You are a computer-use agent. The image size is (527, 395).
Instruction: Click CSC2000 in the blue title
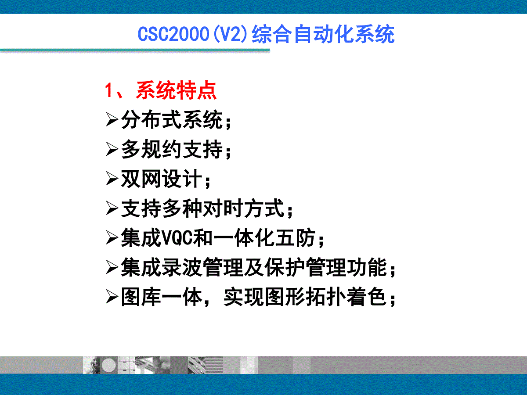[x=173, y=34]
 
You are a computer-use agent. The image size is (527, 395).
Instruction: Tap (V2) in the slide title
[x=230, y=34]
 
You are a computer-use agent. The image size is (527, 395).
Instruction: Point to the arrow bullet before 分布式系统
[x=112, y=119]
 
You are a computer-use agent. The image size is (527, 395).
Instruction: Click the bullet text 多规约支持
[x=172, y=149]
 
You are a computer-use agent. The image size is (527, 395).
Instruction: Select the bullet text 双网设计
[x=162, y=179]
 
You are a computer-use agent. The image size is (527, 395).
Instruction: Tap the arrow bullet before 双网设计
[x=112, y=179]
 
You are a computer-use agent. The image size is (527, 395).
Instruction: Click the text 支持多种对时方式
[x=202, y=208]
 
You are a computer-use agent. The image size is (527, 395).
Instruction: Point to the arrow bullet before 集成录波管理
[x=112, y=267]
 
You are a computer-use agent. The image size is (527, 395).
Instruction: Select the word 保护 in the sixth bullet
[x=285, y=267]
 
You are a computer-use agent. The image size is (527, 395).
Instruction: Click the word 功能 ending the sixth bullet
[x=366, y=267]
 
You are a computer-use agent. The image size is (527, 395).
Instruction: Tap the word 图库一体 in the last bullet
[x=162, y=297]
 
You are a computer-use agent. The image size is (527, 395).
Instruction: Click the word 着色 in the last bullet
[x=366, y=297]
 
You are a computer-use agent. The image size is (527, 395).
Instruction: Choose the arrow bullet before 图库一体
[x=112, y=297]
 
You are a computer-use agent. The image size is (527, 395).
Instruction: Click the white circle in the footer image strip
[x=109, y=365]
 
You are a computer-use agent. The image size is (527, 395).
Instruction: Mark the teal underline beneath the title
[x=135, y=50]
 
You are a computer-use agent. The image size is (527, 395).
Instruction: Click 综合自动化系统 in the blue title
[x=323, y=34]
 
